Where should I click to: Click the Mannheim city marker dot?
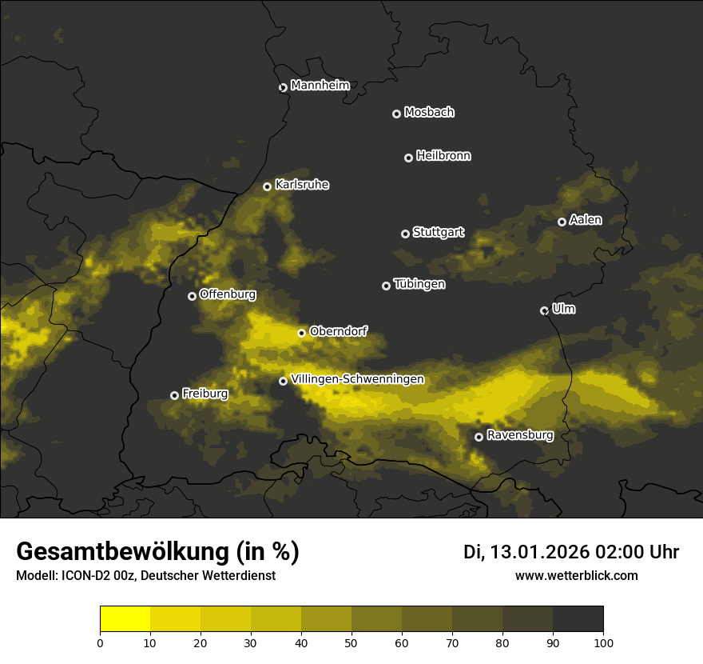(x=283, y=88)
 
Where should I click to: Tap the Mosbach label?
(x=429, y=113)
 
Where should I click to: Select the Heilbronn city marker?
(x=408, y=158)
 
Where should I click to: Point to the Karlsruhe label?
(x=302, y=185)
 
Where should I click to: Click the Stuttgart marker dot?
(x=405, y=234)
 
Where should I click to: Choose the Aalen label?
(x=586, y=220)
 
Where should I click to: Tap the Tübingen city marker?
(x=386, y=286)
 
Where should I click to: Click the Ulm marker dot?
(x=544, y=310)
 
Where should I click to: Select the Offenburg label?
(x=228, y=294)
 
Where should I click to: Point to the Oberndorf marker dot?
(x=301, y=333)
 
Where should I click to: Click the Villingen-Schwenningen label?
(x=357, y=379)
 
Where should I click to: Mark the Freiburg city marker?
(x=174, y=395)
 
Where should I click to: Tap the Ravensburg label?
(x=520, y=435)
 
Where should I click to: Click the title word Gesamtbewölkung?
(x=120, y=552)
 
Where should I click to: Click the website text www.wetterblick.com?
(x=577, y=576)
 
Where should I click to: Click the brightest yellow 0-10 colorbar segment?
(x=125, y=619)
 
